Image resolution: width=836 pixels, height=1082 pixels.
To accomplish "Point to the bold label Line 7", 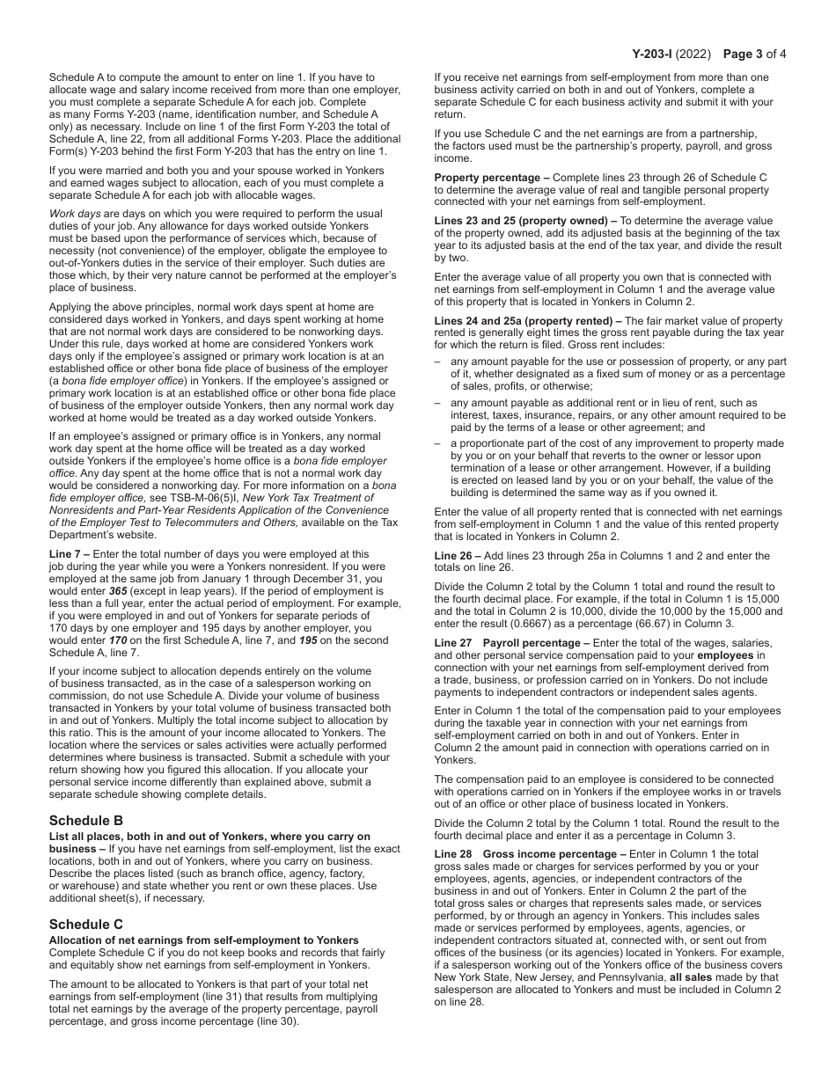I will coord(67,554).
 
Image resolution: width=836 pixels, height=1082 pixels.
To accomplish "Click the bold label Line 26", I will coord(453,556).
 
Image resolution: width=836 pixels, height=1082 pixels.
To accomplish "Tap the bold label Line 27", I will coord(453,643).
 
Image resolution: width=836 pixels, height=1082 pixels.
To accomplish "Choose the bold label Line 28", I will coord(453,854).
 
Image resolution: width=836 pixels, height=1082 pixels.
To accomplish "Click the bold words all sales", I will coord(695,977).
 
